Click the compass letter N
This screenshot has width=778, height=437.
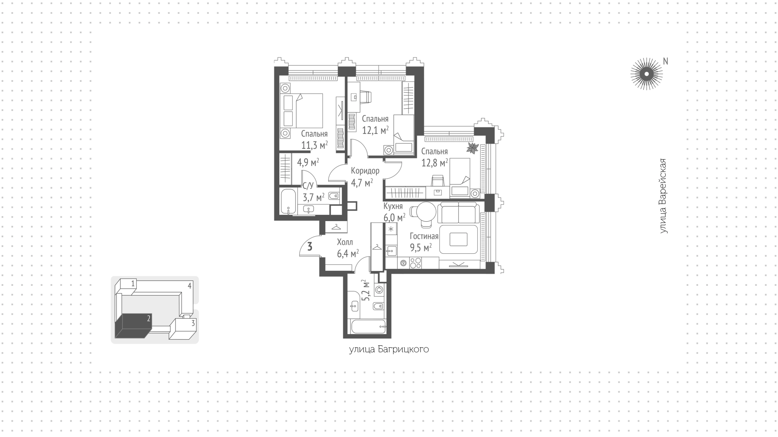(x=665, y=61)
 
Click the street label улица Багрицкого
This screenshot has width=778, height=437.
(x=389, y=349)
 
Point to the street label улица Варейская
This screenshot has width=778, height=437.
(x=663, y=196)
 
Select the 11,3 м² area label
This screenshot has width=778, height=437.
(x=314, y=145)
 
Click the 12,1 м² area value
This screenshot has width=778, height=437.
(x=375, y=130)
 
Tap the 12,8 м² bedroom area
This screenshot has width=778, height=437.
(x=434, y=163)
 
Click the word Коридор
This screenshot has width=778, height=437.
(x=365, y=171)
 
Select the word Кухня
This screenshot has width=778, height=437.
(x=393, y=206)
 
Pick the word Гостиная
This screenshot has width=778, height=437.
(x=424, y=236)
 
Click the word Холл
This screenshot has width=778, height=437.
(x=345, y=242)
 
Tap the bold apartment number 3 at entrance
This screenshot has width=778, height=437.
(x=310, y=246)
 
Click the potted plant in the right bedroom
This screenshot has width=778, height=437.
(x=472, y=148)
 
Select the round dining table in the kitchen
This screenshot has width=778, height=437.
(x=426, y=212)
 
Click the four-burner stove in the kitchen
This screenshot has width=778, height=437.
(x=415, y=263)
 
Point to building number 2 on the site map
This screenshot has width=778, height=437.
(x=149, y=319)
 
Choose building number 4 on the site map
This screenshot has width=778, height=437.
(x=190, y=286)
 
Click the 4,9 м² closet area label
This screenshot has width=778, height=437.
(x=308, y=163)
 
